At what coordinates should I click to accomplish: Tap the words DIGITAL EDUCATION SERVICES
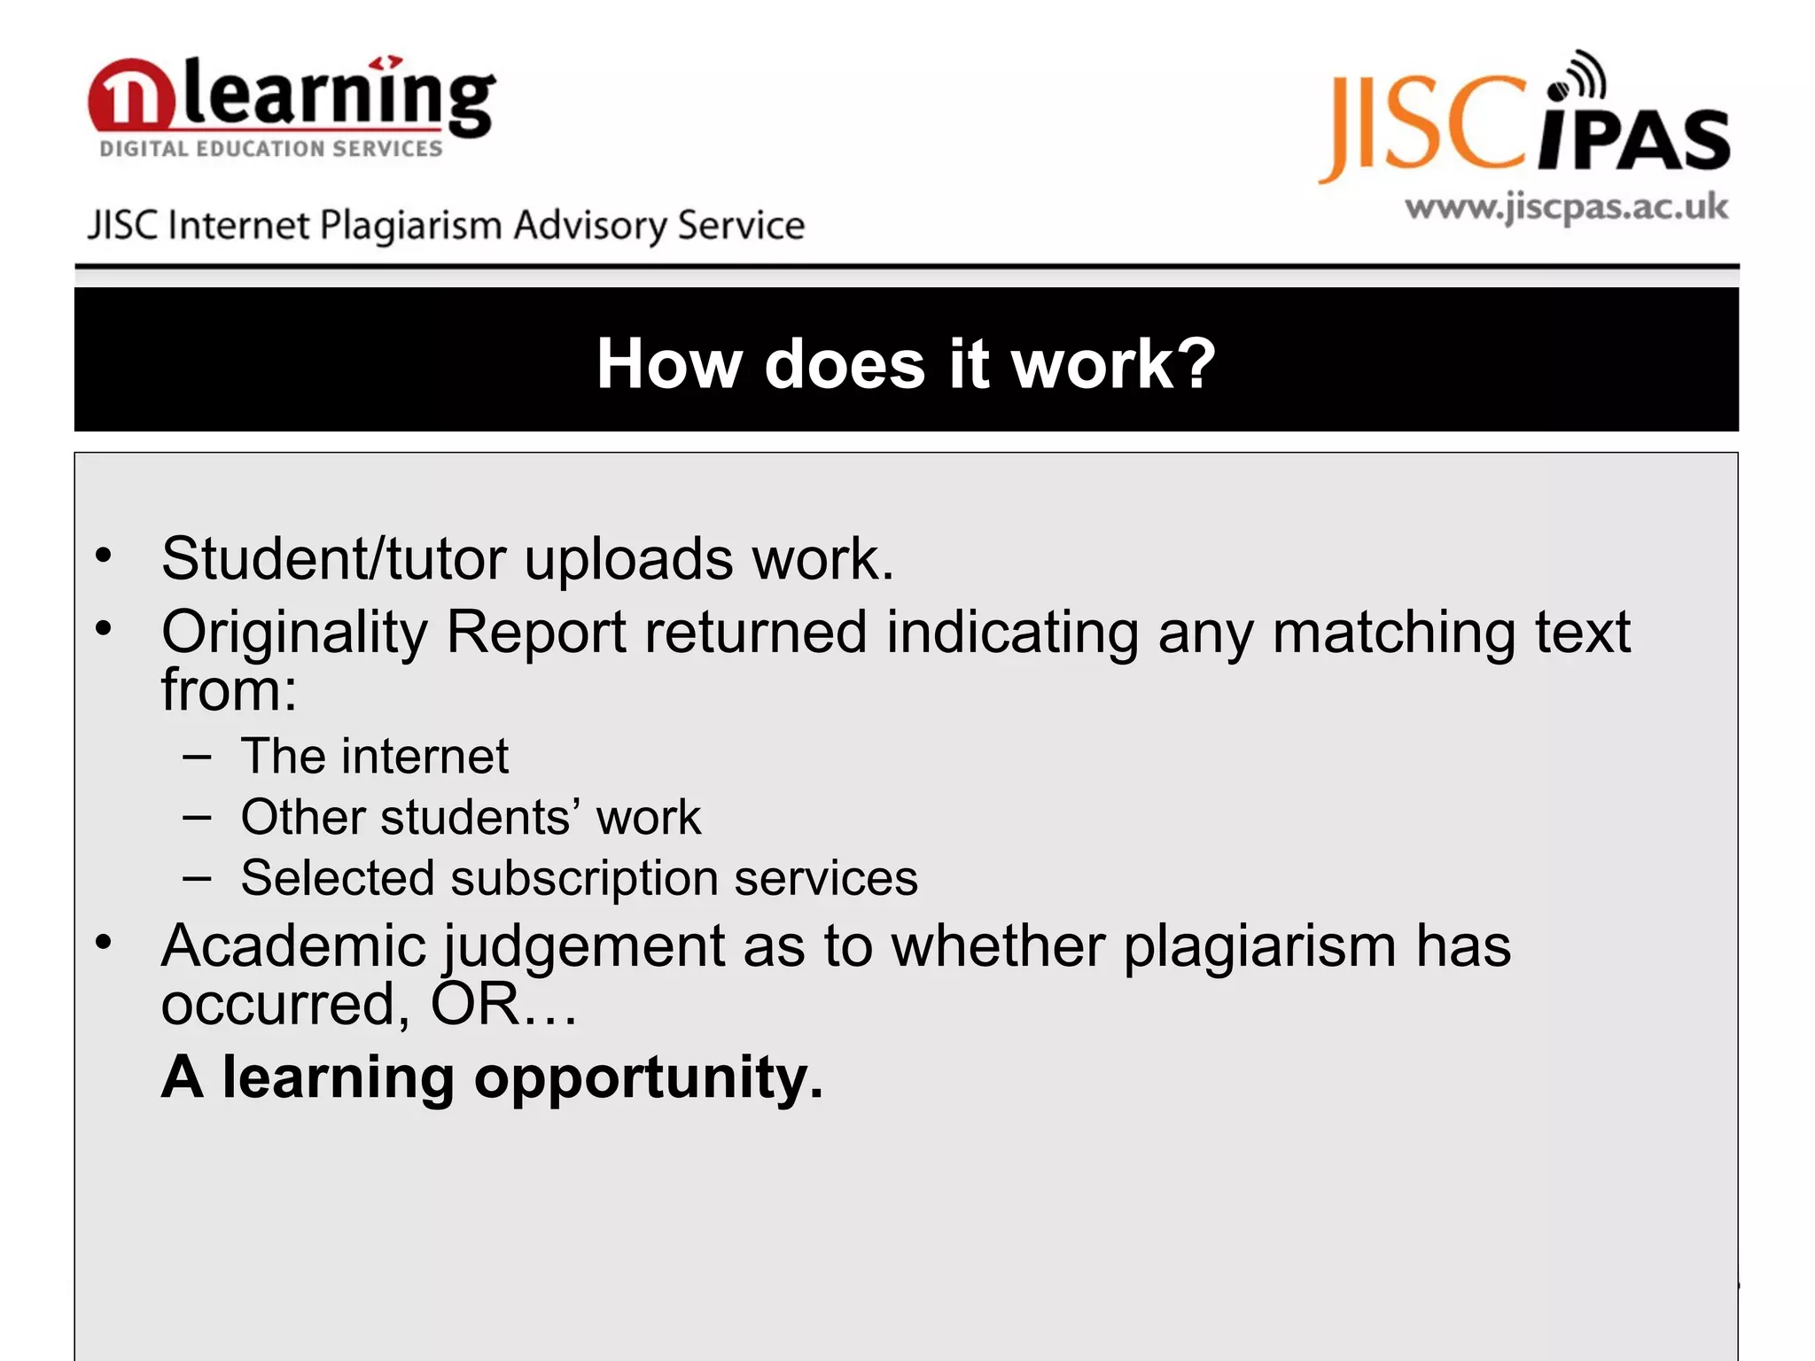(x=270, y=149)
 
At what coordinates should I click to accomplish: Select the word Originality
(x=294, y=633)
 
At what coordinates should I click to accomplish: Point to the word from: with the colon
(x=229, y=690)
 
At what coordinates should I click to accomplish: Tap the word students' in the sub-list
(x=479, y=817)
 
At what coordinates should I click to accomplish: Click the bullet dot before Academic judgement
(x=104, y=942)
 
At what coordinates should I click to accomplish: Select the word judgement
(x=584, y=946)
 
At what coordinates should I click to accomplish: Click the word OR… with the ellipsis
(x=502, y=1005)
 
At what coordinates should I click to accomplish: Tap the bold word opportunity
(x=648, y=1078)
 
